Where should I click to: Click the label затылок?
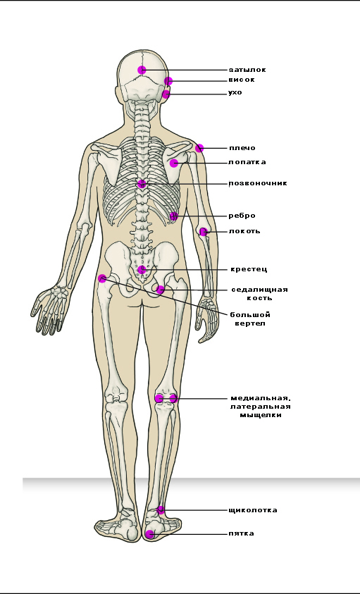point(247,70)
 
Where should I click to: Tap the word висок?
point(242,80)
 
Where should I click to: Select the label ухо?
point(235,93)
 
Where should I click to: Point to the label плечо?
point(242,148)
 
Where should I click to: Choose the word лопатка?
point(247,162)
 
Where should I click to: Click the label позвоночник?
point(258,183)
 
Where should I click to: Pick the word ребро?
point(242,216)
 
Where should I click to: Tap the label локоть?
point(244,231)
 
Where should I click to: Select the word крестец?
point(249,269)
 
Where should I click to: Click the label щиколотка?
point(253,510)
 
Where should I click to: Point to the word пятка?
point(241,533)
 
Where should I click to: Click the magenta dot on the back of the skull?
point(142,70)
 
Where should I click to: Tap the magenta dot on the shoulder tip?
point(199,148)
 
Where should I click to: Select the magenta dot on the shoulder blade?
point(174,163)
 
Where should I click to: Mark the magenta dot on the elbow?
point(204,231)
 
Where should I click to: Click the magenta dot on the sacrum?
point(142,270)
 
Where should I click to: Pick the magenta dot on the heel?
point(150,534)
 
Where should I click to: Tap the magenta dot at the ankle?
point(161,509)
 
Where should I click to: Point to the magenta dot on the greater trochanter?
point(102,278)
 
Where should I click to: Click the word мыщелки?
point(261,415)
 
